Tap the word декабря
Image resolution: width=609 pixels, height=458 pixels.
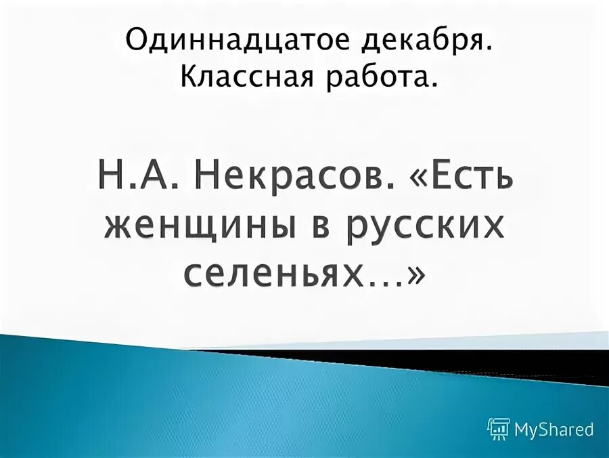420,42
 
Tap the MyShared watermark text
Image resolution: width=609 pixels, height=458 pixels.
554,429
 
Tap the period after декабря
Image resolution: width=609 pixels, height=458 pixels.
488,51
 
